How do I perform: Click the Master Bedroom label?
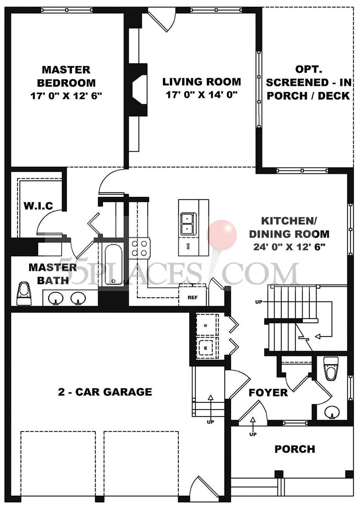[x=66, y=76]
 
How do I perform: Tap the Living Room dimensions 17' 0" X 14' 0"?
[x=202, y=95]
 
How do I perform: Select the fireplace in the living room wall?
[x=138, y=90]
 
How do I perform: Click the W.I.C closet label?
[x=38, y=206]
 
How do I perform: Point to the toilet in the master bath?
[x=24, y=293]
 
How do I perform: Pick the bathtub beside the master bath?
[x=113, y=265]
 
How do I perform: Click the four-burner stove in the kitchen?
[x=139, y=248]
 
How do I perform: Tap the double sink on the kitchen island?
[x=188, y=224]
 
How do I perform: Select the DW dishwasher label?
[x=188, y=247]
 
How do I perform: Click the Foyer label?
[x=268, y=392]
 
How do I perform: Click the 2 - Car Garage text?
[x=105, y=392]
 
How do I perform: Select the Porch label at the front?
[x=295, y=449]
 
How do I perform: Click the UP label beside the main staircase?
[x=259, y=302]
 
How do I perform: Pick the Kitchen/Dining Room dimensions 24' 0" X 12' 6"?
[x=290, y=247]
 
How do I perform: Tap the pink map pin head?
[x=221, y=235]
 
